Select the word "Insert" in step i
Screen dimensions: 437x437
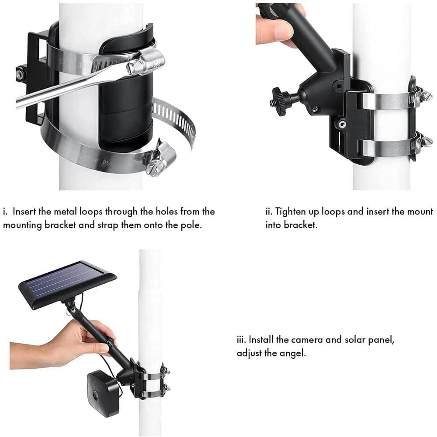click(x=24, y=212)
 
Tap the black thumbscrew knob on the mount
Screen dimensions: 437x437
click(x=280, y=100)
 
